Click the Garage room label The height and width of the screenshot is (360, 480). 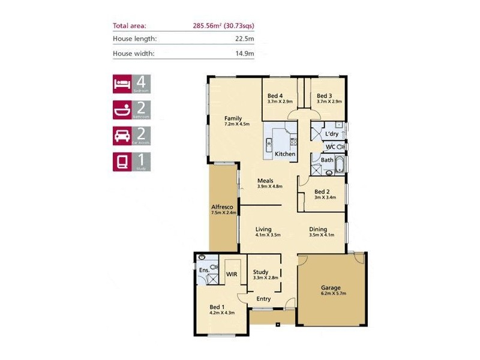[331, 287]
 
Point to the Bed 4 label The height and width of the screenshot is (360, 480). [275, 96]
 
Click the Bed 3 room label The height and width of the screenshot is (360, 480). [324, 96]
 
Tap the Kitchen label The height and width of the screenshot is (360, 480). [285, 154]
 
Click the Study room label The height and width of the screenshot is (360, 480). [260, 272]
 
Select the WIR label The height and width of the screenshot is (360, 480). [232, 274]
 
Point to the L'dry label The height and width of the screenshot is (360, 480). [331, 133]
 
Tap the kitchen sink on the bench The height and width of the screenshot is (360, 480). [269, 143]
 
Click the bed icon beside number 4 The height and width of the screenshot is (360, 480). [122, 83]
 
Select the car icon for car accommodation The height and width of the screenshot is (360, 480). [122, 136]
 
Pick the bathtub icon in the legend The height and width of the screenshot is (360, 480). [122, 110]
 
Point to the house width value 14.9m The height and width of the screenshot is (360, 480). [244, 53]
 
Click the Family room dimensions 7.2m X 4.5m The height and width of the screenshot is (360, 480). [236, 124]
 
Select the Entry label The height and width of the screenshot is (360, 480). [263, 299]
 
